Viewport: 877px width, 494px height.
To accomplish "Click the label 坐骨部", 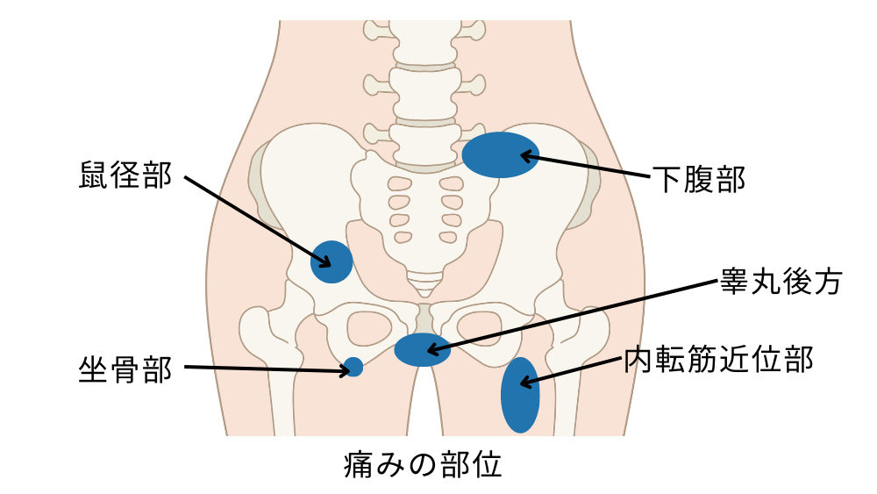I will tap(125, 369).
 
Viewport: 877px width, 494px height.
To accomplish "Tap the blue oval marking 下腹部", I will tap(500, 154).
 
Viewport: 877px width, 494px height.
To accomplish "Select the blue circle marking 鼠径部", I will tap(332, 261).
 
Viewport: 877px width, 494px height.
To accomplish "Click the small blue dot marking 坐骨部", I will tap(353, 368).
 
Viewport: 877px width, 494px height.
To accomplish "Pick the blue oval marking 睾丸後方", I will tap(423, 349).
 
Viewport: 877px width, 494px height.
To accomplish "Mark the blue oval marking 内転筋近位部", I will tap(519, 395).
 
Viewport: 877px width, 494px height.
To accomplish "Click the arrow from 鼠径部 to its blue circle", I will tap(254, 219).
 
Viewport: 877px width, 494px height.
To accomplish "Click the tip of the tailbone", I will tap(425, 290).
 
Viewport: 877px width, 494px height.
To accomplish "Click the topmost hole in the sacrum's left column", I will tap(400, 184).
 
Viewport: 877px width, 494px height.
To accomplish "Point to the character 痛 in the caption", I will tap(356, 464).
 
